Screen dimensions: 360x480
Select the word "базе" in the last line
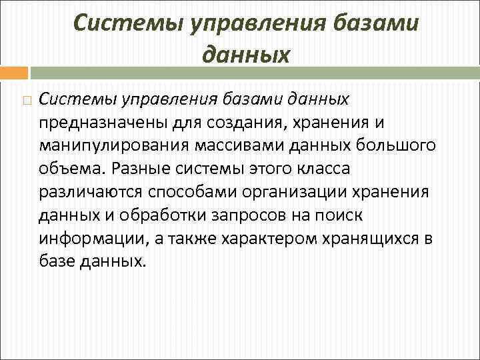[57, 261]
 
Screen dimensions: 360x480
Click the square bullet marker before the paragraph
[25, 100]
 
